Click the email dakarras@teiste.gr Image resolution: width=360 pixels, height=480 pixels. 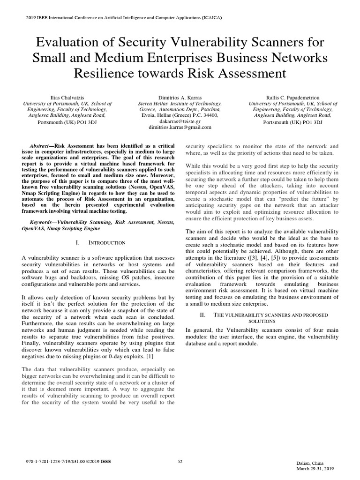(180, 120)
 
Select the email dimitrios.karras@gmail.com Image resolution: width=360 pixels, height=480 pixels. (180, 127)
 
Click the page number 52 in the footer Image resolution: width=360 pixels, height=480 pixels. (180, 462)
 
